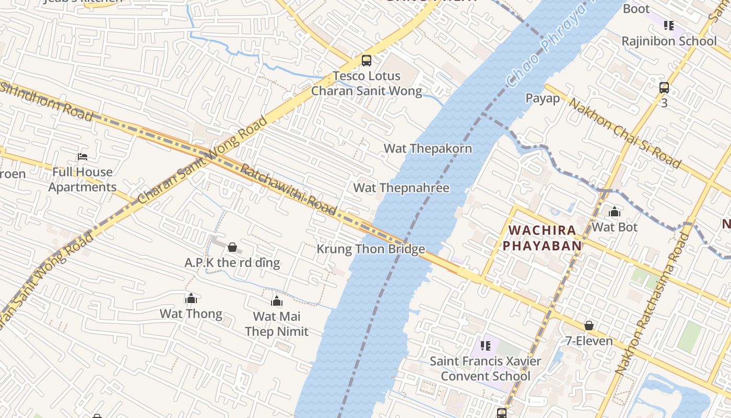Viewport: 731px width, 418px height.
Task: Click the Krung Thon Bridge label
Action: pyautogui.click(x=371, y=249)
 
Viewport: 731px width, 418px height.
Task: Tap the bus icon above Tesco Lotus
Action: pyautogui.click(x=367, y=61)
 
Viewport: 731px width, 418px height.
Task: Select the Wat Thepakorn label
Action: pyautogui.click(x=428, y=148)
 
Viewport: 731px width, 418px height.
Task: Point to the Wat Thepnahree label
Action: pyautogui.click(x=401, y=188)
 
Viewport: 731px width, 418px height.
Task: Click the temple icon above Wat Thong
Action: pyautogui.click(x=191, y=298)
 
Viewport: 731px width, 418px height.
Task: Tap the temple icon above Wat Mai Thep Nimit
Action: pyautogui.click(x=277, y=301)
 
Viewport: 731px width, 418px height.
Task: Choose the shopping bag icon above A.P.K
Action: pyautogui.click(x=232, y=247)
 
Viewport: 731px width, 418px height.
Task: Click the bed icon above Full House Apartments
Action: pyautogui.click(x=82, y=156)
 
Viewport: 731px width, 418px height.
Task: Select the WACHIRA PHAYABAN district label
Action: pyautogui.click(x=542, y=238)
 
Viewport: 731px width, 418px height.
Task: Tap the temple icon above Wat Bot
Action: pyautogui.click(x=615, y=212)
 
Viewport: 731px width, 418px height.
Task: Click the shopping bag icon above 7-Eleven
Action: pyautogui.click(x=589, y=326)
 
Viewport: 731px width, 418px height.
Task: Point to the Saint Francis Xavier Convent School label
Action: pyautogui.click(x=485, y=368)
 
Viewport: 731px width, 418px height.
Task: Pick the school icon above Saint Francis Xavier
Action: pyautogui.click(x=486, y=345)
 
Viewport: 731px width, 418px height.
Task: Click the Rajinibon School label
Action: pyautogui.click(x=669, y=41)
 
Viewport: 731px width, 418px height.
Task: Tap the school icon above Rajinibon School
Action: pyautogui.click(x=669, y=25)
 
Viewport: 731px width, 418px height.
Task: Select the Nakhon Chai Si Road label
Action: pyautogui.click(x=624, y=133)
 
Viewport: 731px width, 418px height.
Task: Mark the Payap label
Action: pyautogui.click(x=543, y=98)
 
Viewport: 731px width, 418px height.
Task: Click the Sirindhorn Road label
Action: pyautogui.click(x=47, y=101)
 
